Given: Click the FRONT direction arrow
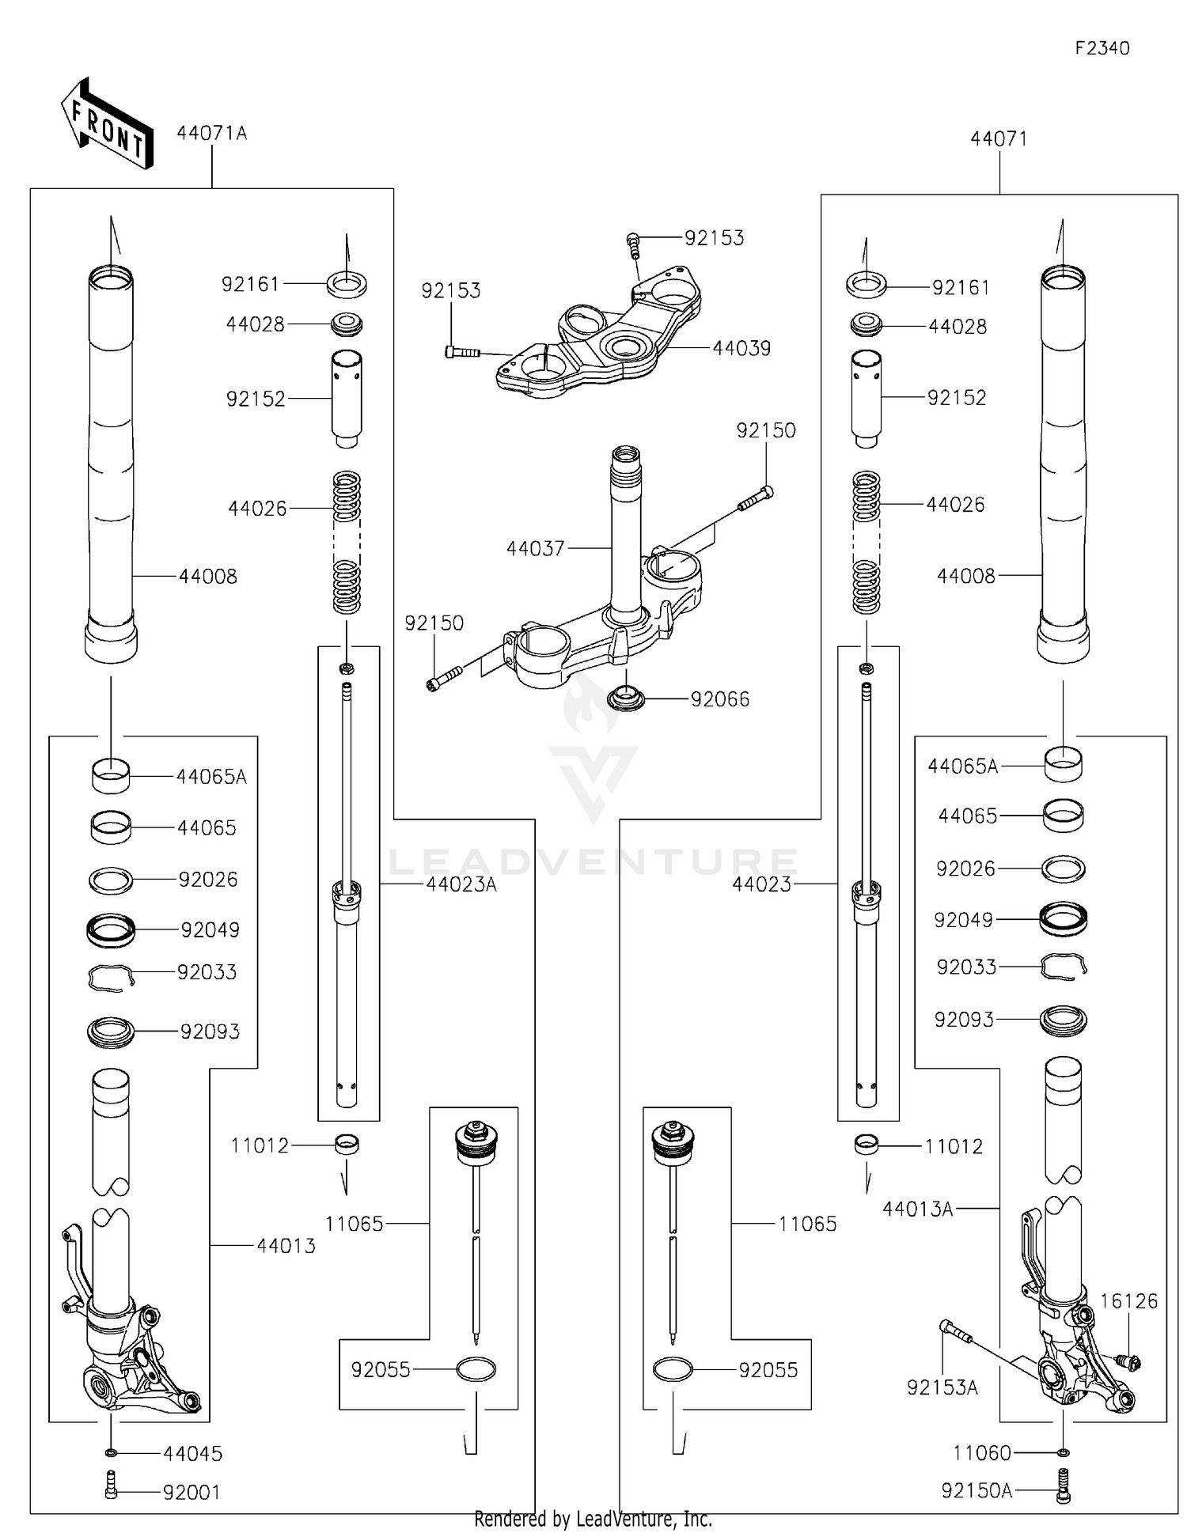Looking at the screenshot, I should pos(107,123).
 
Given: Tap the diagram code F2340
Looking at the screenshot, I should pos(1102,48).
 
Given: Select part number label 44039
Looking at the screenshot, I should pos(741,348).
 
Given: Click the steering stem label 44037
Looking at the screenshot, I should pos(535,548).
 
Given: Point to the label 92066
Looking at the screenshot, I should pos(719,699).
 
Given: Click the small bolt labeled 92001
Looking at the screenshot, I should pos(111,1491).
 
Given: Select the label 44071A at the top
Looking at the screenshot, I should pos(211,133).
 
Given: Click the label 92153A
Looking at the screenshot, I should pos(942,1387).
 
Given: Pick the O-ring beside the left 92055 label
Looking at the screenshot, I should pos(476,1369).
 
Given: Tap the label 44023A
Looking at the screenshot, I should pos(461,884).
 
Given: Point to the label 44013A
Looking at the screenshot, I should pos(917,1209).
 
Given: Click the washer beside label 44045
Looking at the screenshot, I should pos(111,1452).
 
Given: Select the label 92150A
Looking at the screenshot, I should pos(977,1490).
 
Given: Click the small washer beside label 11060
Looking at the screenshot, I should pos(1063,1452).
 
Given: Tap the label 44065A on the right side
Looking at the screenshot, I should pos(962,766).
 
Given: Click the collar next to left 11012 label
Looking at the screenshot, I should pos(346,1145).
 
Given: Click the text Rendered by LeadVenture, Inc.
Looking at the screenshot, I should pos(593,1519).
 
